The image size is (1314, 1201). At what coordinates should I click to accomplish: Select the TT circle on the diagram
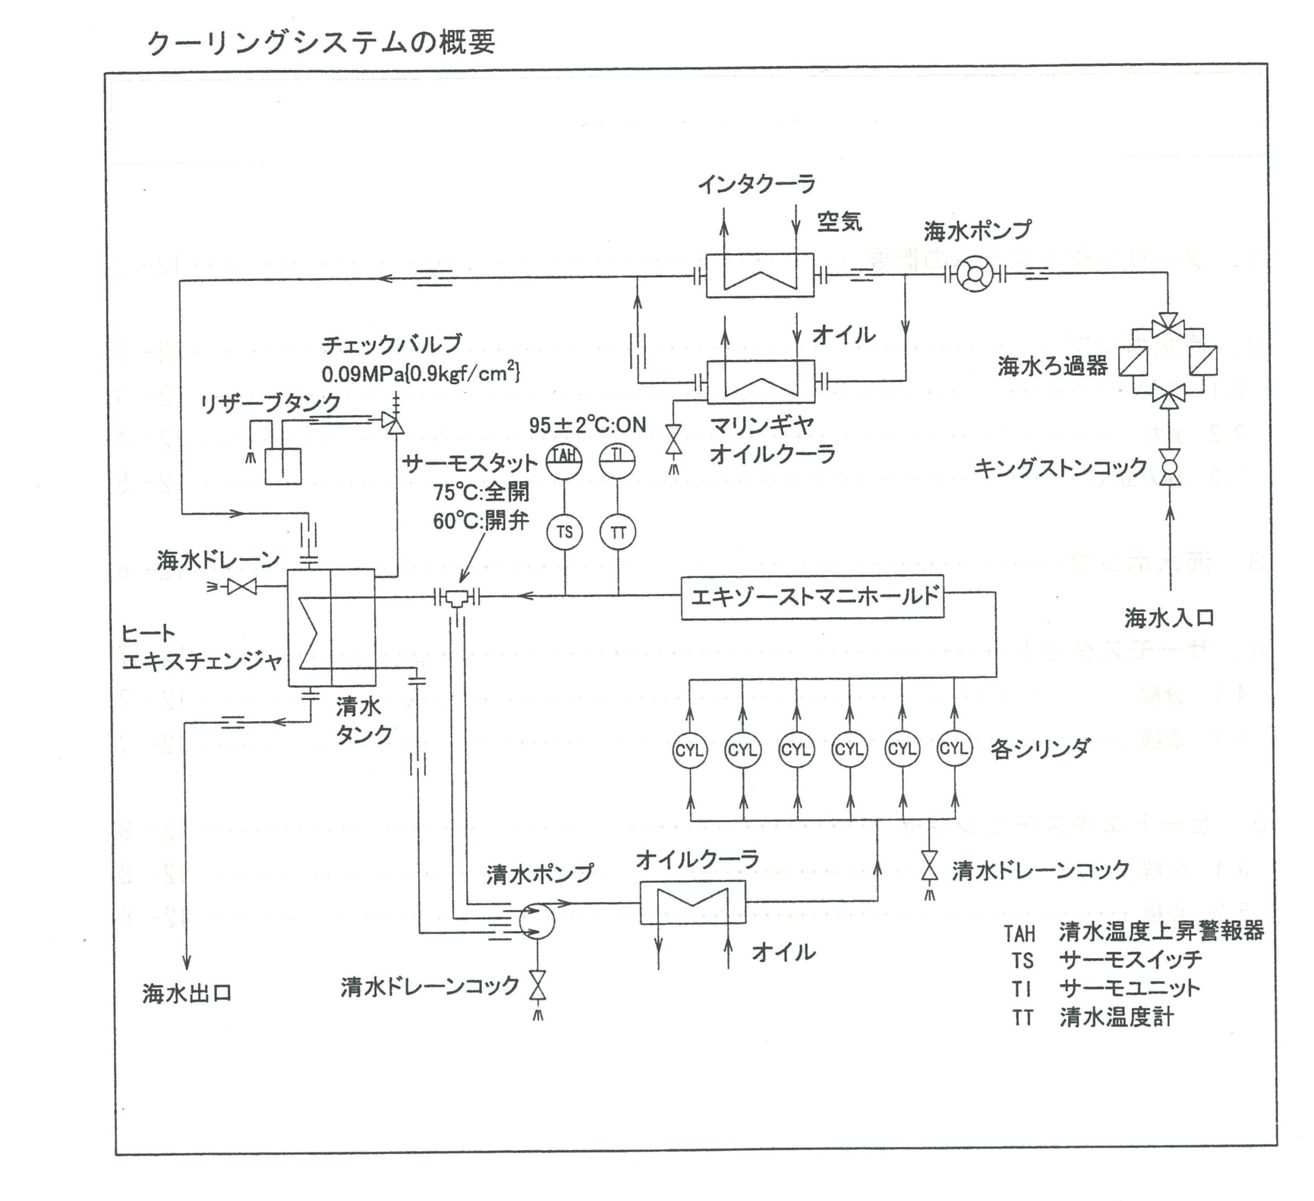click(618, 532)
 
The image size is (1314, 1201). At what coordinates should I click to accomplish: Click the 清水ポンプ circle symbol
click(536, 921)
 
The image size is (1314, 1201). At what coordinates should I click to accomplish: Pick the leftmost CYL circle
click(689, 750)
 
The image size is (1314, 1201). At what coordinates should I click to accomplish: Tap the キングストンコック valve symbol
click(1170, 467)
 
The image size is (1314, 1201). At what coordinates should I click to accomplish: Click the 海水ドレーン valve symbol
click(242, 587)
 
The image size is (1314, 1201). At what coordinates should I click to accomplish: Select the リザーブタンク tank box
click(283, 466)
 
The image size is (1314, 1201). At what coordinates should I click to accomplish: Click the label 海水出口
click(188, 994)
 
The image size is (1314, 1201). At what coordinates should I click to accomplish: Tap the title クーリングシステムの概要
click(321, 43)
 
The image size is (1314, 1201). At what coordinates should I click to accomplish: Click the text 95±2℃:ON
click(587, 425)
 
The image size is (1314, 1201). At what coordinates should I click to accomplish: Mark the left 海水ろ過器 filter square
click(1133, 361)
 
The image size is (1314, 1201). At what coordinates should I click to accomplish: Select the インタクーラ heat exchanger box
click(760, 275)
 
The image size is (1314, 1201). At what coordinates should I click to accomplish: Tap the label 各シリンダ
click(1039, 749)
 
